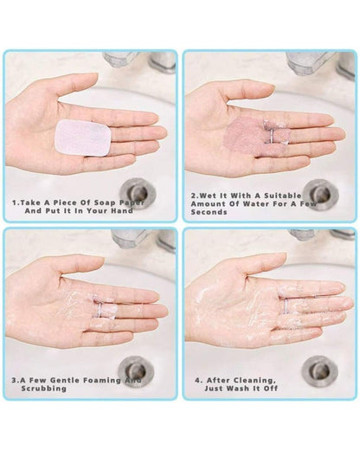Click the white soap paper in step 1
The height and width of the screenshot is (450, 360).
[x=82, y=138]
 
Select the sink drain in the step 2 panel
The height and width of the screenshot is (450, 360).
[x=321, y=194]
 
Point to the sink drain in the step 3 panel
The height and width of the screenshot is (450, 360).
[x=136, y=371]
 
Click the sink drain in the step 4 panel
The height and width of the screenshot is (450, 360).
[x=319, y=370]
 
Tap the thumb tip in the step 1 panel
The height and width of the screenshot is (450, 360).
[x=93, y=79]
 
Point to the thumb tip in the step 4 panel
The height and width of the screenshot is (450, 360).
[x=281, y=258]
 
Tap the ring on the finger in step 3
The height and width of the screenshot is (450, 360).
[x=100, y=310]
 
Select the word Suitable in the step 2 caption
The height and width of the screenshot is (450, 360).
[x=283, y=196]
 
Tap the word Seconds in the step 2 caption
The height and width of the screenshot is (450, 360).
[x=209, y=212]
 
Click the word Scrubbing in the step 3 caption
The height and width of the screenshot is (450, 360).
[x=44, y=389]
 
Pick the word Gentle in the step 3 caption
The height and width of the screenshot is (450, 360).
[x=66, y=380]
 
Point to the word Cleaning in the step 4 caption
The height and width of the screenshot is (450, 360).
[x=254, y=380]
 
